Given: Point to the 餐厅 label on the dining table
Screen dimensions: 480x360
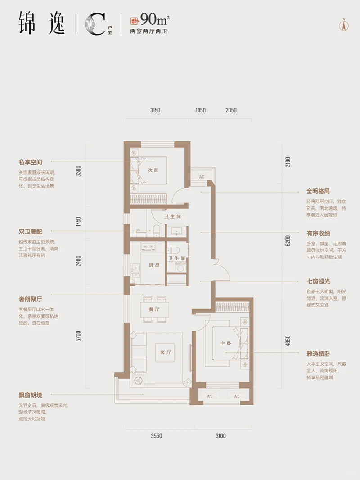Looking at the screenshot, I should (154, 310).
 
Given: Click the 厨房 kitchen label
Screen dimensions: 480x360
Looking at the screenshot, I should (154, 265).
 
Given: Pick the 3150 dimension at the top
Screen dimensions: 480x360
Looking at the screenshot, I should (155, 110).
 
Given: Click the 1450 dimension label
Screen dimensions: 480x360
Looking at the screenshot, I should (201, 110).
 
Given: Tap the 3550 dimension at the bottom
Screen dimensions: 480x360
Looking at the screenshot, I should (156, 435).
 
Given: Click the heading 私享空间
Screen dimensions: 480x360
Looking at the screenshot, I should (31, 162).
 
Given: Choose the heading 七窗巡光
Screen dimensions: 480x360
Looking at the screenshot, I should (319, 281).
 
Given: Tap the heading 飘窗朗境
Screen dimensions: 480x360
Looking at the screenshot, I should (31, 395).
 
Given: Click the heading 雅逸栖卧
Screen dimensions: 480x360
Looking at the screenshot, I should (319, 354).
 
